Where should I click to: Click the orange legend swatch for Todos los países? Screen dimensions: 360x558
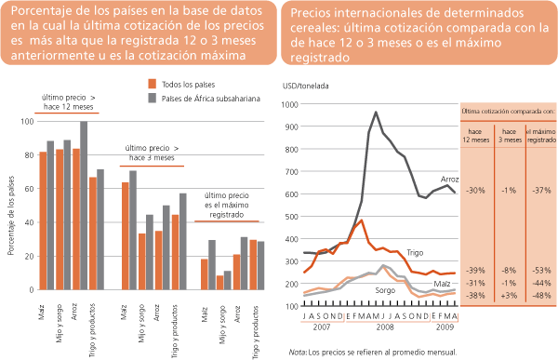pos(152,84)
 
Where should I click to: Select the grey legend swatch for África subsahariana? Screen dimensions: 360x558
pos(152,98)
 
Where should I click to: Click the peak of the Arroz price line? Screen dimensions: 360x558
pos(376,113)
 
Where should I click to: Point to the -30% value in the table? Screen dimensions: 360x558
pos(477,190)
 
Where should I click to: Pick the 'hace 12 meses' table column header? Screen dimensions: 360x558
pos(477,137)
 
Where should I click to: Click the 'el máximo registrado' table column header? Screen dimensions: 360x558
pos(540,137)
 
